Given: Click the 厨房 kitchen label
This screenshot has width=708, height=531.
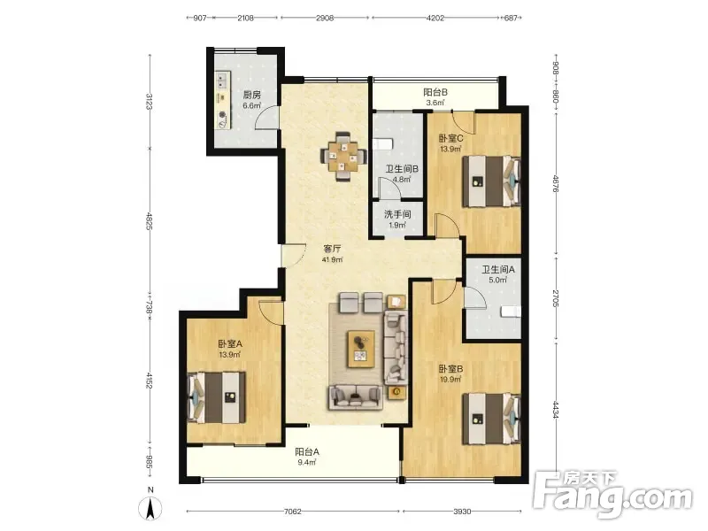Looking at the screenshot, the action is click(252, 95).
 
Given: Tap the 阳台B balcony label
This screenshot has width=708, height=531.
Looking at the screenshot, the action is click(435, 92).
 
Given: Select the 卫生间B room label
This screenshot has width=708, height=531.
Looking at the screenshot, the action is click(402, 169).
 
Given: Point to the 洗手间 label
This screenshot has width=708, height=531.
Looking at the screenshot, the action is click(397, 214).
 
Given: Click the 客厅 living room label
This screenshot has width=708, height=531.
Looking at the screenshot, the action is click(332, 249).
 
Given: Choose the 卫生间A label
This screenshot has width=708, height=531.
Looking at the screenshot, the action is click(498, 270).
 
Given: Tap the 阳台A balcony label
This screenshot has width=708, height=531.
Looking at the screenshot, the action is click(307, 451).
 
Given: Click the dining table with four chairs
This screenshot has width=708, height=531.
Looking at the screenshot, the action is click(343, 157).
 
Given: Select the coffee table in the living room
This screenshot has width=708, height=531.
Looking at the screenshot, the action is click(361, 349).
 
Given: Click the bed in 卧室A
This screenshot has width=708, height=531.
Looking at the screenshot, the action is click(216, 397).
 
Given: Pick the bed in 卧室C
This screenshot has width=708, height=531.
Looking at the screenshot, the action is click(491, 181).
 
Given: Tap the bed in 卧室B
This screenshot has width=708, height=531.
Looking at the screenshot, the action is click(491, 419).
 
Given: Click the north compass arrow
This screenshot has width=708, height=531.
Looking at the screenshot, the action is click(150, 508).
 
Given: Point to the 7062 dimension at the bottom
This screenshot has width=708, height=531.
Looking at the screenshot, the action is click(292, 512).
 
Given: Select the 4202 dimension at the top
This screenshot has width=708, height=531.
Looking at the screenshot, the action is click(435, 18).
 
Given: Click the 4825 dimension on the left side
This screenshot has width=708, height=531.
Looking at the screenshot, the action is click(150, 220).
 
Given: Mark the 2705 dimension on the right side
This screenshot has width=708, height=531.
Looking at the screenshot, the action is click(556, 298).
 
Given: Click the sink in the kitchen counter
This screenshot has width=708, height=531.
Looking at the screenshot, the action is click(222, 81).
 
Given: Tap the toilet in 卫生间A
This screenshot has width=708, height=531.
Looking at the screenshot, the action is click(512, 312).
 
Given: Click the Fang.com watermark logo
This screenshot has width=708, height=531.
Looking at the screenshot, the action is click(612, 495).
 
